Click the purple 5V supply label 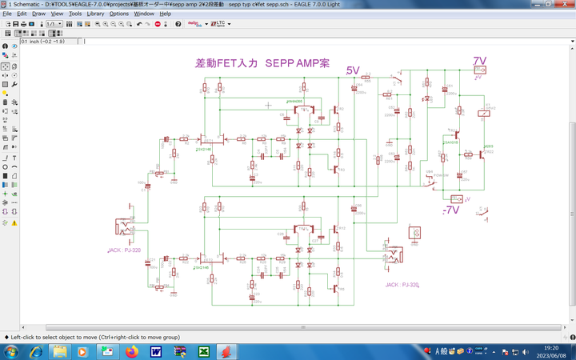(x=353, y=71)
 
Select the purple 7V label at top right (x=479, y=61)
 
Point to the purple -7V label (x=451, y=210)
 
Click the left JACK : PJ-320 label (x=124, y=250)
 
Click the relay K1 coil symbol (x=483, y=114)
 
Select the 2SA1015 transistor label (x=450, y=142)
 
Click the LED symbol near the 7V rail (x=427, y=99)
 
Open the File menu (x=8, y=14)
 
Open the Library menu (x=95, y=14)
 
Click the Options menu (x=118, y=14)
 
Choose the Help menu (x=165, y=14)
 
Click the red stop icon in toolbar (x=157, y=24)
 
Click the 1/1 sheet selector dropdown (x=54, y=24)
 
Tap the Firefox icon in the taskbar (x=132, y=352)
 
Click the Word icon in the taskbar (x=156, y=352)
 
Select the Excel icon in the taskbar (x=204, y=352)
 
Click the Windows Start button (x=12, y=352)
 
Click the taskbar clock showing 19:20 (x=551, y=352)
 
